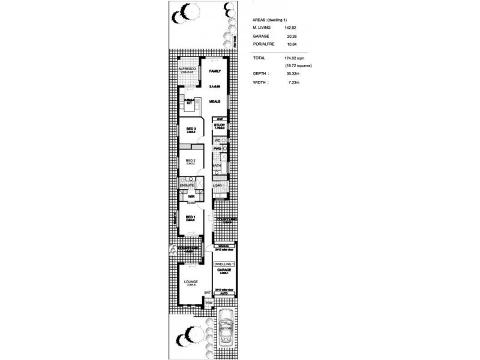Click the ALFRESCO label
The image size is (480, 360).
click(x=188, y=70)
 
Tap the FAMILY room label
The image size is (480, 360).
click(x=215, y=71)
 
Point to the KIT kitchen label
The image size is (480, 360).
click(x=189, y=103)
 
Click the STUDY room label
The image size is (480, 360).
click(x=219, y=125)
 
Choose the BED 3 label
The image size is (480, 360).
click(x=191, y=129)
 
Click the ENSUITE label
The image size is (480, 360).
click(x=187, y=185)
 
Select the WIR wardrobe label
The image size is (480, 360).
click(x=190, y=196)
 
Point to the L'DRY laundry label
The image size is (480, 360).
click(x=218, y=185)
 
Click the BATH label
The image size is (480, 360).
click(x=217, y=165)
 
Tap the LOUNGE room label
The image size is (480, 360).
click(x=191, y=281)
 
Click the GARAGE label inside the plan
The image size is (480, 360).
click(x=223, y=271)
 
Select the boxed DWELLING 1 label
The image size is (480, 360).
click(x=223, y=264)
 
